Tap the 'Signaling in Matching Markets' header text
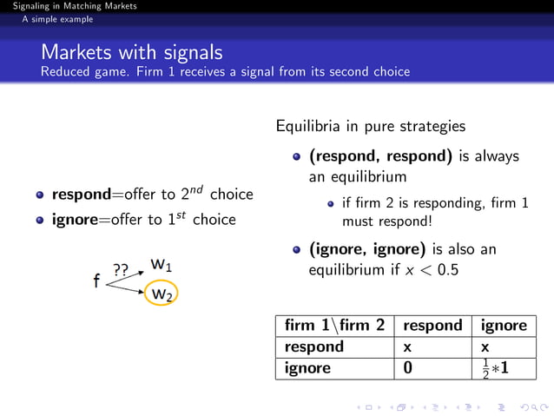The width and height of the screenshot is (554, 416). pos(69,6)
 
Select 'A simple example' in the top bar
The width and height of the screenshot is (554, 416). pos(58,19)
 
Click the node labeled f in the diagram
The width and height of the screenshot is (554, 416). pos(96,281)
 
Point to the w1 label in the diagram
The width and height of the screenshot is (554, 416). pos(161,263)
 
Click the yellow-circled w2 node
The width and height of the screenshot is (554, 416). pos(161,294)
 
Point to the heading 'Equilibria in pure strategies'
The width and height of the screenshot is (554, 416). pos(370,127)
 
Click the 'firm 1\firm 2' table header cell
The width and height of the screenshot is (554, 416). pos(333,326)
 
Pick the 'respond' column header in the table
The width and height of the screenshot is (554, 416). pos(432,326)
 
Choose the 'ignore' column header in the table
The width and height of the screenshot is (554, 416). pos(503,326)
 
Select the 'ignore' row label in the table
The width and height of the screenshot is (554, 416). pos(307,367)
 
